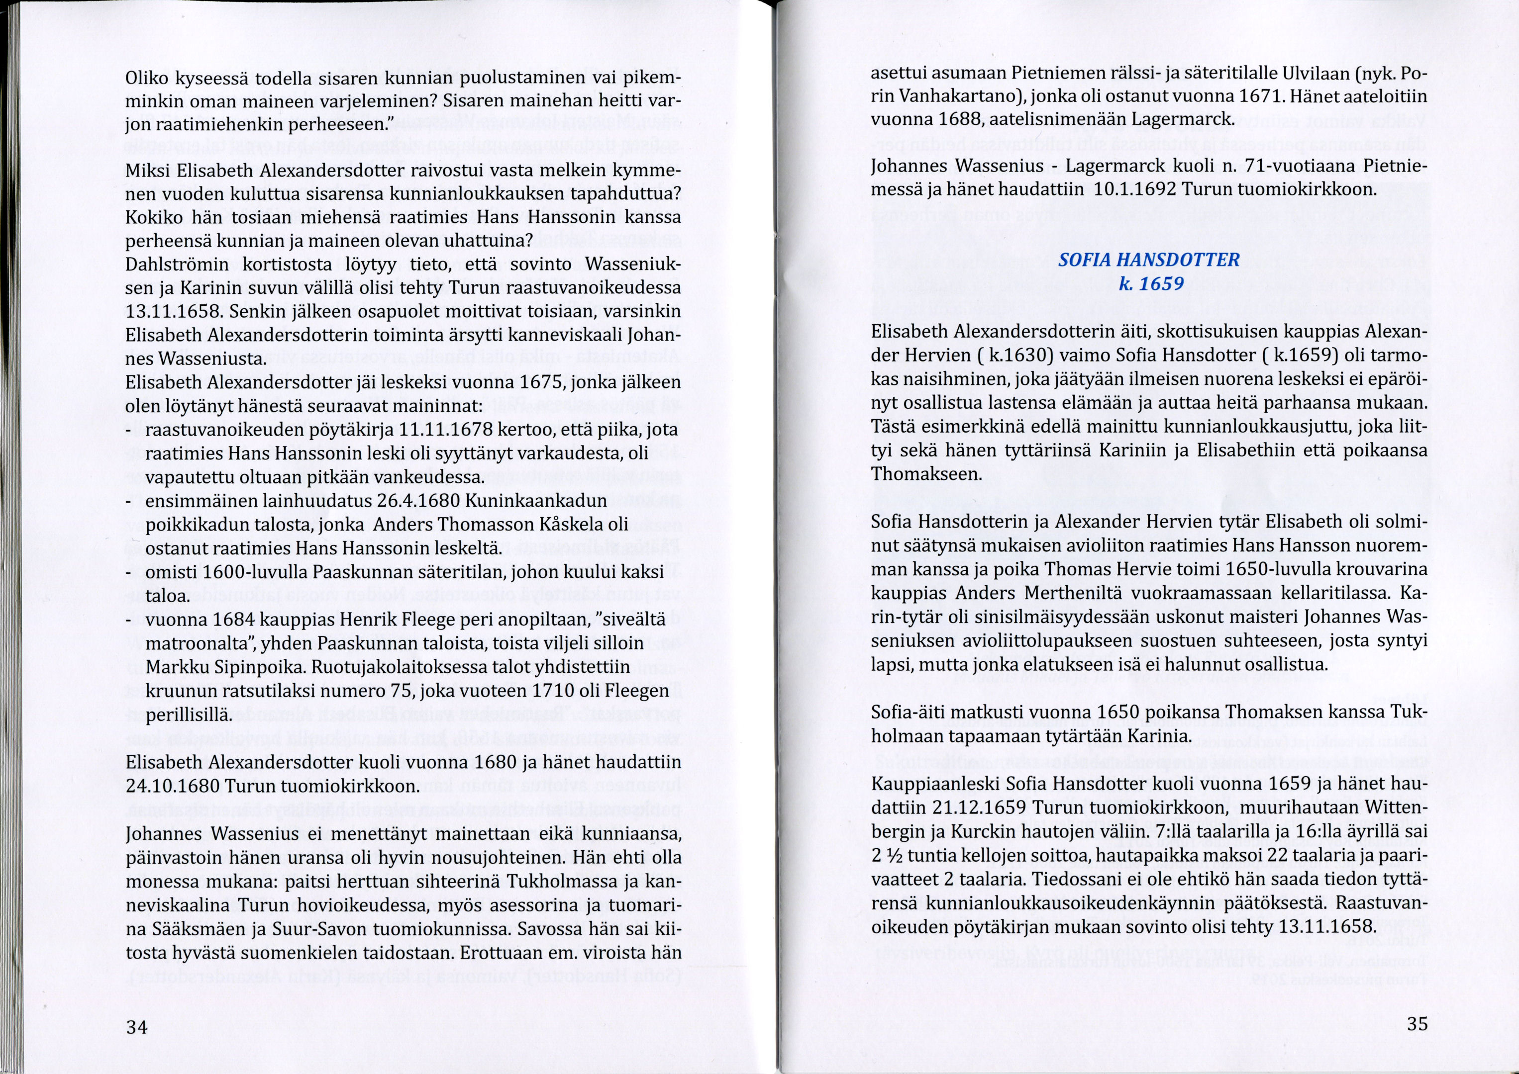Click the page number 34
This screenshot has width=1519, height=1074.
click(137, 1027)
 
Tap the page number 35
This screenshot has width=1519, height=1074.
click(1417, 1024)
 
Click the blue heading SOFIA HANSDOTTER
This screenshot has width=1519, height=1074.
click(1148, 260)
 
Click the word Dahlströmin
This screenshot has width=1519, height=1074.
click(177, 265)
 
